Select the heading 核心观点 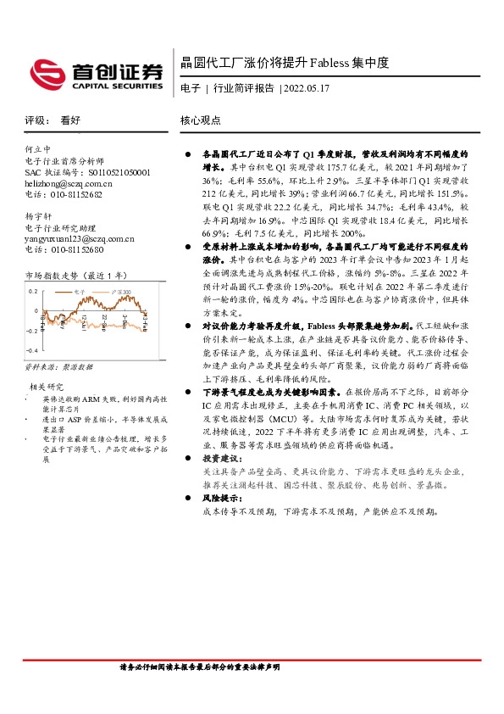(x=201, y=120)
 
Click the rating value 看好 (x=71, y=120)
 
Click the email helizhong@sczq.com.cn (x=68, y=183)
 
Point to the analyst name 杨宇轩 (x=38, y=216)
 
